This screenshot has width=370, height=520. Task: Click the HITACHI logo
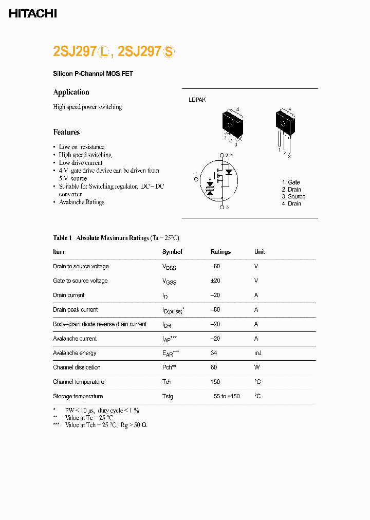coord(33,14)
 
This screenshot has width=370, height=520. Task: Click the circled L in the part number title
coord(104,51)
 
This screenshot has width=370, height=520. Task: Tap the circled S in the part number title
coord(169,51)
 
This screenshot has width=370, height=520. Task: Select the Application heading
coord(71,92)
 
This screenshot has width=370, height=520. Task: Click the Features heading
coord(66,132)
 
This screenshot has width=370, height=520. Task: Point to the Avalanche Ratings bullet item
coord(81,202)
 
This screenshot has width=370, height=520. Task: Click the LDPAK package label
coord(197,100)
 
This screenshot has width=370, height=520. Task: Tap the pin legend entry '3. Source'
coord(293,196)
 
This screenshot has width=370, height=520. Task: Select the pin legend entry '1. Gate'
coord(291,182)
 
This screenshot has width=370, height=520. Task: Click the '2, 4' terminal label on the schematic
coord(229,155)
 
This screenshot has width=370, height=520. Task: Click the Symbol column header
coord(172,252)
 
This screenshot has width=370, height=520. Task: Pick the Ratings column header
coord(220,252)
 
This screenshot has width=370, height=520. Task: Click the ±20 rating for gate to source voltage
coord(216,281)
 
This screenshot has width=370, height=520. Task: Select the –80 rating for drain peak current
coord(215,310)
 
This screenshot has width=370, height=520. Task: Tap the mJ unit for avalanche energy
coord(258,353)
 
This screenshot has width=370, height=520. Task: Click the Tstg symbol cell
coord(168,396)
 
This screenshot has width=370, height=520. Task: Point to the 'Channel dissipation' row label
coord(77,367)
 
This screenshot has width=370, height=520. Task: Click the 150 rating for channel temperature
coord(215,382)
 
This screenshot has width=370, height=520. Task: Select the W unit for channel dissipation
coord(257,367)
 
